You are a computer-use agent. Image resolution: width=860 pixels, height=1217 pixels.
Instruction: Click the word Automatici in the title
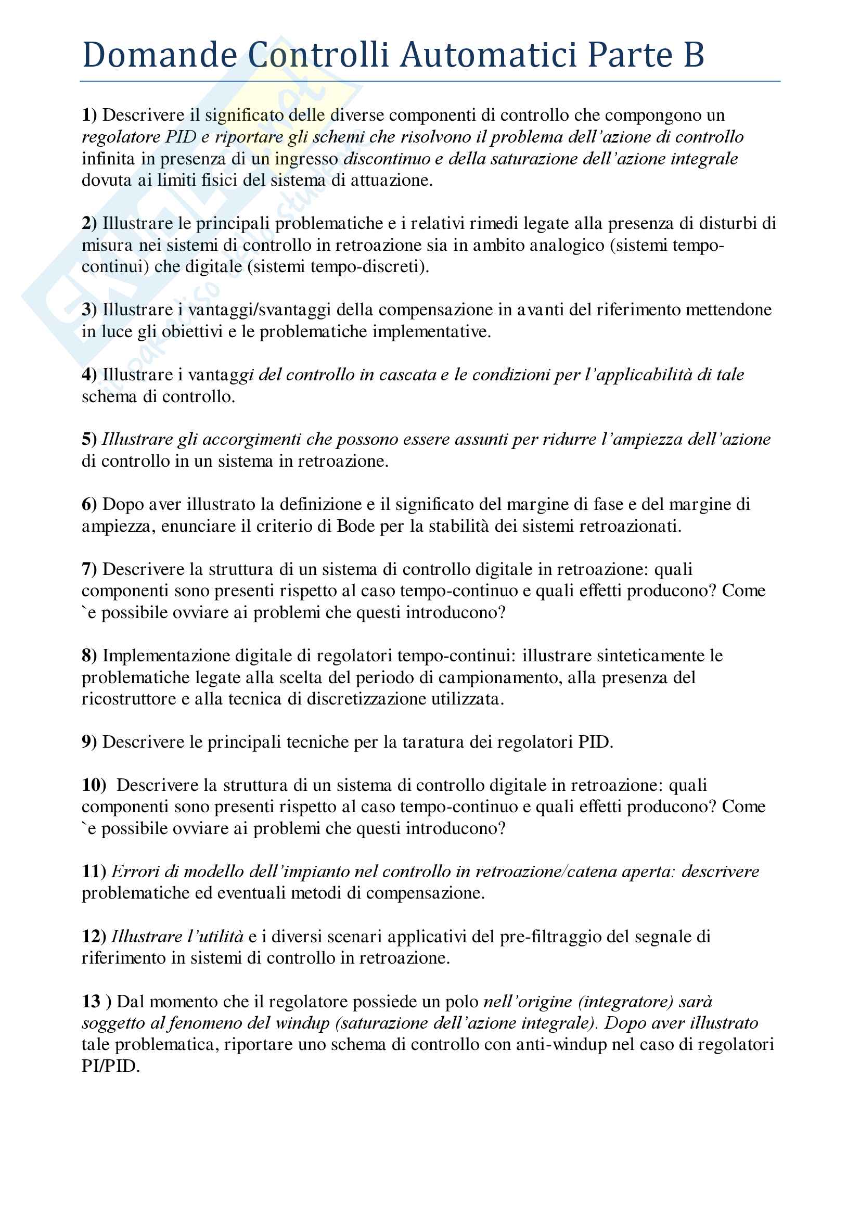(x=488, y=55)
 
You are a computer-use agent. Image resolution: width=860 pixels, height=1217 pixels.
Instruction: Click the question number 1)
(x=89, y=115)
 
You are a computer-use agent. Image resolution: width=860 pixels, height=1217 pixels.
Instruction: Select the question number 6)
(x=89, y=504)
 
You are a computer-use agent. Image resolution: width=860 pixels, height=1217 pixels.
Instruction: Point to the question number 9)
(x=89, y=742)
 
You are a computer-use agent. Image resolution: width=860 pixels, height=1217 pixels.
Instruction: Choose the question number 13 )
(x=96, y=1001)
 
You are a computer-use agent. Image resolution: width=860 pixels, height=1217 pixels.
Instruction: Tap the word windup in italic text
(x=307, y=1023)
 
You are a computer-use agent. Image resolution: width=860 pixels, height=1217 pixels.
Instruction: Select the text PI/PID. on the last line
(x=111, y=1066)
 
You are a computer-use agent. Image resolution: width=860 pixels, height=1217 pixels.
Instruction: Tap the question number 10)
(x=94, y=785)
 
